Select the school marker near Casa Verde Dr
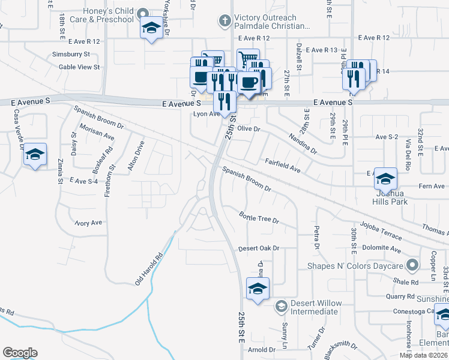35,155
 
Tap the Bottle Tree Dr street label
259,217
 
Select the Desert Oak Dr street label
259,248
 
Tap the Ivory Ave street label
88,223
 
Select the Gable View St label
79,67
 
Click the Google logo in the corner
20,353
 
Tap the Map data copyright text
423,355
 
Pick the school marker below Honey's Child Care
151,28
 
